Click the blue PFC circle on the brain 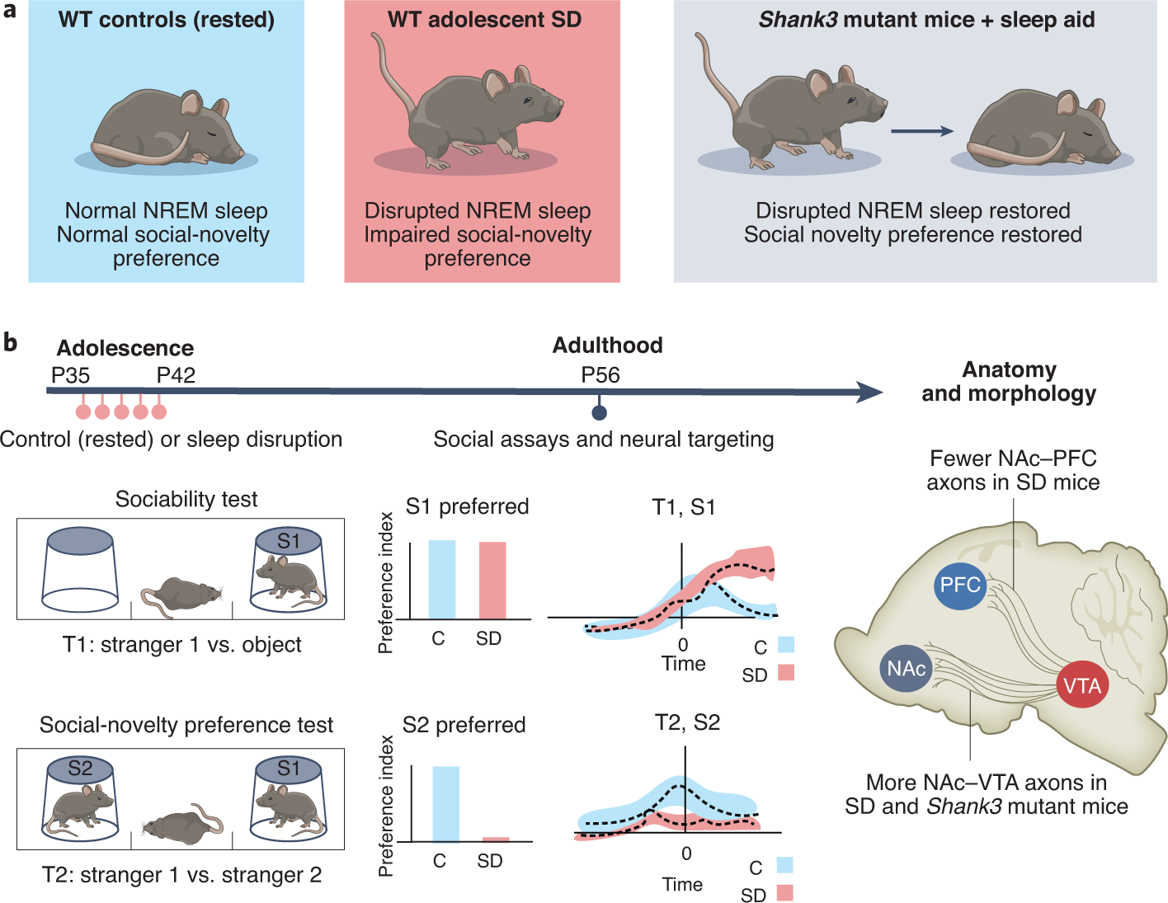pyautogui.click(x=960, y=586)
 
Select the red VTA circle pyautogui.click(x=1082, y=685)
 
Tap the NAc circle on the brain pyautogui.click(x=907, y=669)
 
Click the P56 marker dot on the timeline pyautogui.click(x=600, y=412)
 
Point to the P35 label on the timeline pyautogui.click(x=70, y=375)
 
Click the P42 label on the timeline pyautogui.click(x=176, y=375)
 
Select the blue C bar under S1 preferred pyautogui.click(x=441, y=579)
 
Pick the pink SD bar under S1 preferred pyautogui.click(x=492, y=580)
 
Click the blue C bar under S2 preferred pyautogui.click(x=445, y=804)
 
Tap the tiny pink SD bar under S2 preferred pyautogui.click(x=496, y=840)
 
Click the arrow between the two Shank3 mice pyautogui.click(x=922, y=130)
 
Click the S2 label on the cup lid pyautogui.click(x=80, y=769)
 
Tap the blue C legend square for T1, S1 pyautogui.click(x=785, y=645)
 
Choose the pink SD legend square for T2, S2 pyautogui.click(x=784, y=893)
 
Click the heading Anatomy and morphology pyautogui.click(x=1009, y=381)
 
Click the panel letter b pyautogui.click(x=10, y=341)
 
